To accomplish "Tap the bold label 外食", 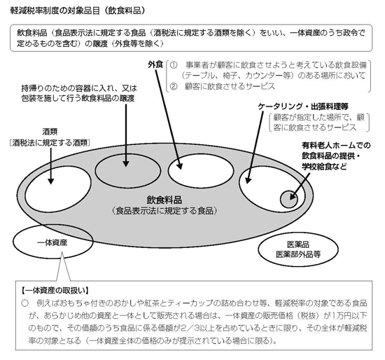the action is [x=155, y=64].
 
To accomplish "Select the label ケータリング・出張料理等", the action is [x=303, y=106].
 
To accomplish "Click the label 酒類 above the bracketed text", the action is [x=50, y=132].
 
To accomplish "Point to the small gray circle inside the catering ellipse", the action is [x=289, y=199].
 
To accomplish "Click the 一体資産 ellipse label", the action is [x=52, y=243].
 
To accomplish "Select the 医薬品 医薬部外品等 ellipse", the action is [x=298, y=249].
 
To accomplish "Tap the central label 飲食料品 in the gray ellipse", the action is [x=164, y=200].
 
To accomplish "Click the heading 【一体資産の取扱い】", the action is [x=55, y=291].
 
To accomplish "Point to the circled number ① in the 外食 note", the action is [x=174, y=65].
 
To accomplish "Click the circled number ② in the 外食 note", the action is [x=174, y=86].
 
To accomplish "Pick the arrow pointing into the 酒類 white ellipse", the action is [x=51, y=166].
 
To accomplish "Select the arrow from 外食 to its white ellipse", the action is [x=168, y=120].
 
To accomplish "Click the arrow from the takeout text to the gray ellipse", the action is [x=126, y=135].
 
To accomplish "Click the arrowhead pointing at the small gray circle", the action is [x=293, y=196].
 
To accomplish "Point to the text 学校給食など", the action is [x=324, y=167].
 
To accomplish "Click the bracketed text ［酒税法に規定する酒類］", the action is [x=50, y=143].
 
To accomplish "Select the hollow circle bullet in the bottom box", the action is [x=24, y=303].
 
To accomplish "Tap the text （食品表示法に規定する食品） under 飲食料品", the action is [x=164, y=211].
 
